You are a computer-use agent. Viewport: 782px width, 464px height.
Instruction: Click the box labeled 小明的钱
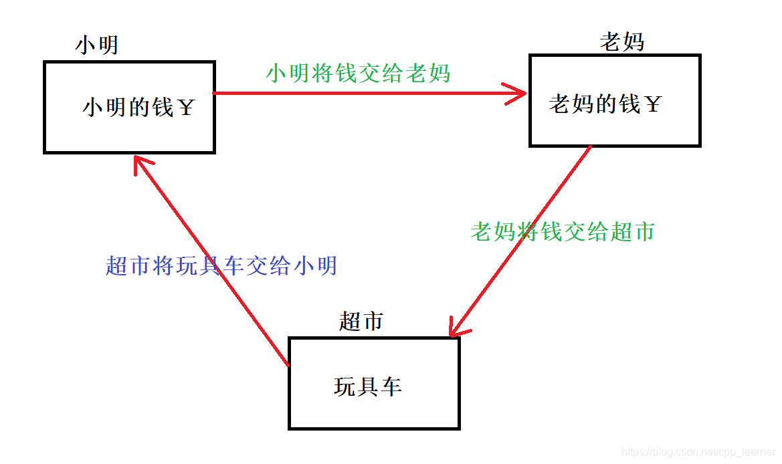pos(129,107)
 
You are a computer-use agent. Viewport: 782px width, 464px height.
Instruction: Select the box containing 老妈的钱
pos(615,101)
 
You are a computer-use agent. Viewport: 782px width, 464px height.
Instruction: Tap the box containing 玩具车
pos(374,383)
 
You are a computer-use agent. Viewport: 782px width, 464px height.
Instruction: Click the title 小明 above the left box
pos(97,45)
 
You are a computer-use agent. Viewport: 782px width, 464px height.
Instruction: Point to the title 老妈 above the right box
pos(622,41)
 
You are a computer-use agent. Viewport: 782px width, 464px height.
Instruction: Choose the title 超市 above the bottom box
pos(361,322)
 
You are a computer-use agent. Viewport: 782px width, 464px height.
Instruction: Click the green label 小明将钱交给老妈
pos(358,73)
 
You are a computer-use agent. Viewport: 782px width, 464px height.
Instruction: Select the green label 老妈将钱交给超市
pos(562,231)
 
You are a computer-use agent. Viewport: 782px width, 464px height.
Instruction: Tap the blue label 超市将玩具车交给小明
pos(221,266)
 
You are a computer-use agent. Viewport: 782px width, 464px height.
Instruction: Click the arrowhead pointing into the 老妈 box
pos(518,94)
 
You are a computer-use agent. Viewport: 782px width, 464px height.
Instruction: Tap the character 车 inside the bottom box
pos(391,386)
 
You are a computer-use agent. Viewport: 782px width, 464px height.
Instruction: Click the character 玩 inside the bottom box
pos(345,386)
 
